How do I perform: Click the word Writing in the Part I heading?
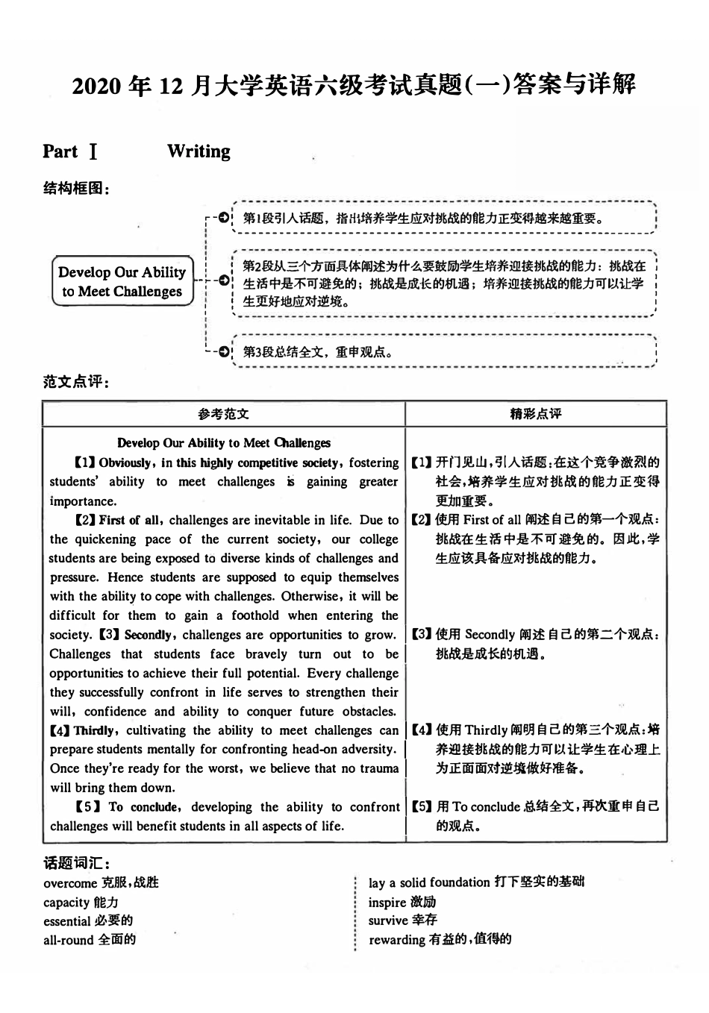[x=199, y=151]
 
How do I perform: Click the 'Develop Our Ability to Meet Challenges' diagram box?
[x=122, y=282]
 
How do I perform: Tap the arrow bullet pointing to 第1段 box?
[x=222, y=218]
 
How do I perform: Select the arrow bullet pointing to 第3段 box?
[x=222, y=351]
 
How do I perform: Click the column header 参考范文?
[x=223, y=414]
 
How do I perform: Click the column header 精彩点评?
[x=535, y=414]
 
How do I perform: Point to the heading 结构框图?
[x=76, y=189]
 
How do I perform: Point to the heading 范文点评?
[x=76, y=382]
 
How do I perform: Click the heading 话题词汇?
[x=76, y=863]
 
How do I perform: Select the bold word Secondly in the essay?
[x=149, y=635]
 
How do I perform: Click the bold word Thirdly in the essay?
[x=95, y=730]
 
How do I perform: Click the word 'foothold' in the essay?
[x=254, y=615]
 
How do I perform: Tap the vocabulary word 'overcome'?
[x=70, y=883]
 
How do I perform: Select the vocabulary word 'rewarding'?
[x=396, y=940]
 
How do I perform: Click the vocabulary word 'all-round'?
[x=68, y=940]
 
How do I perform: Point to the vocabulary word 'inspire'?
[x=387, y=902]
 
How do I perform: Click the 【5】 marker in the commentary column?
[x=422, y=806]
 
